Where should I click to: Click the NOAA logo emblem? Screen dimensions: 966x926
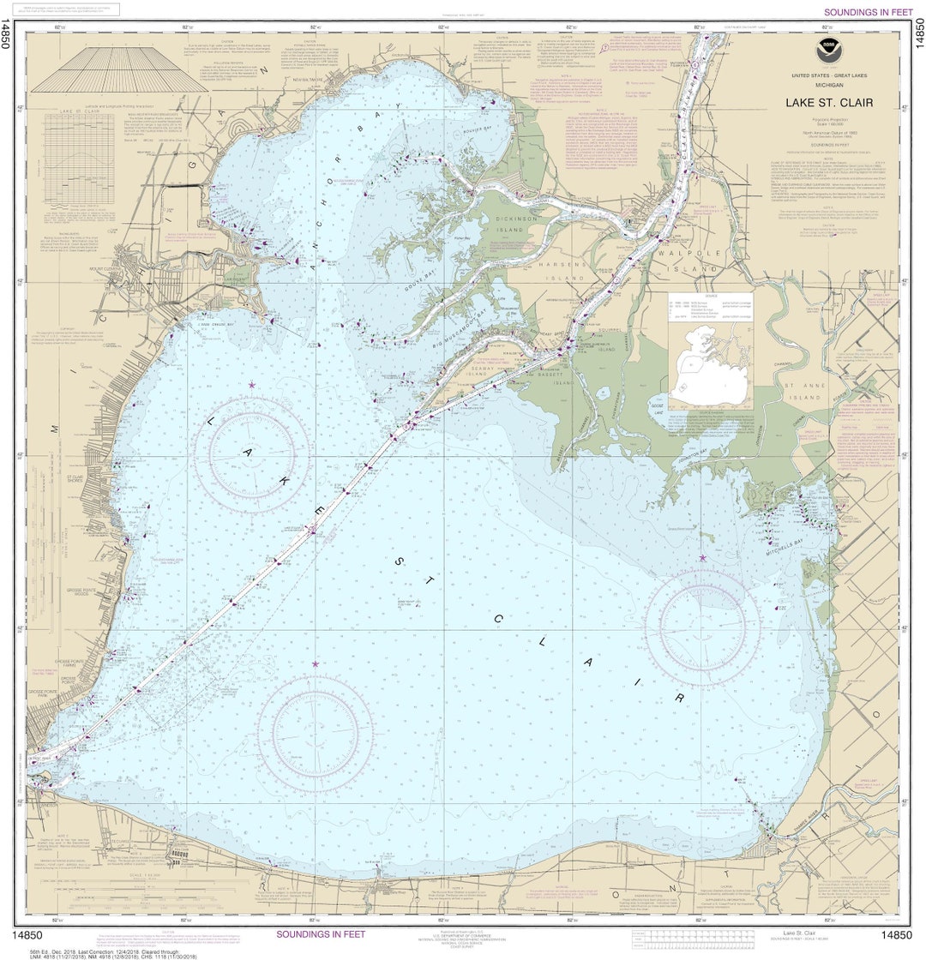827,46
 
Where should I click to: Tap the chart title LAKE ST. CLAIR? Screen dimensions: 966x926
828,103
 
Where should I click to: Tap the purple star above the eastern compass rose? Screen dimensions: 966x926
702,558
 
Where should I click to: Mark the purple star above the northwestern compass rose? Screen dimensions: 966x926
251,385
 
